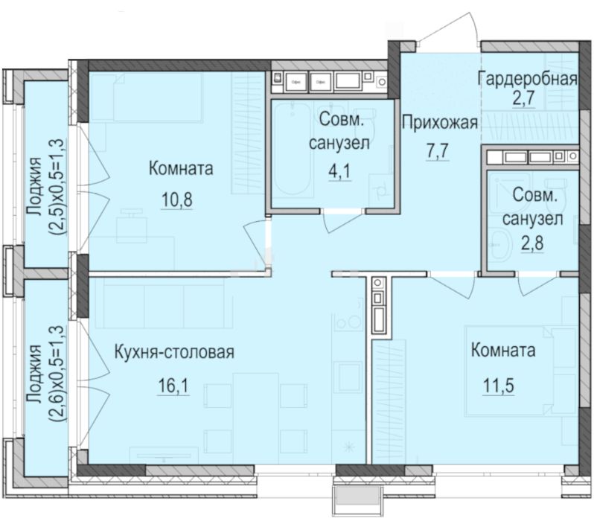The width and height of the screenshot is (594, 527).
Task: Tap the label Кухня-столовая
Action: [175, 353]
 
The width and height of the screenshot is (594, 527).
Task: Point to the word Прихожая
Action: [438, 123]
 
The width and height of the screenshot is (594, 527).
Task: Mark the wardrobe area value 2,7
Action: [528, 102]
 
